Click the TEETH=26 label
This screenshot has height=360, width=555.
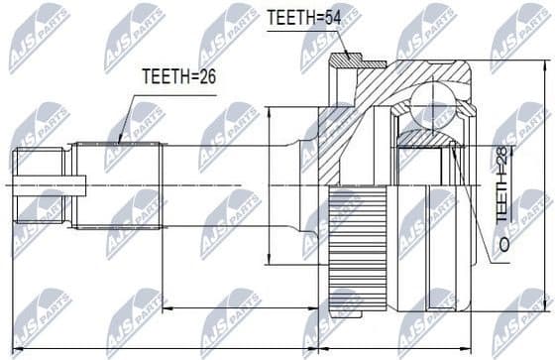(179, 75)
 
